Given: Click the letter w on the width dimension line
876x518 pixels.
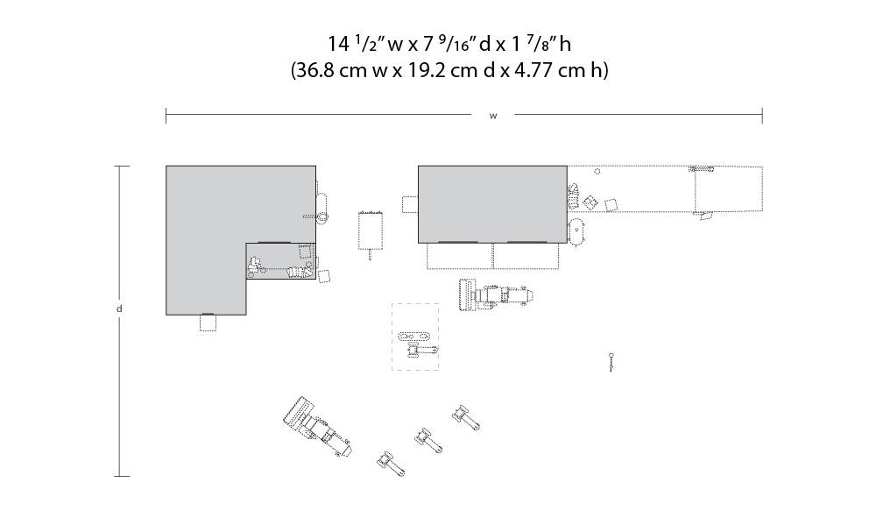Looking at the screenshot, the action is coord(492,117).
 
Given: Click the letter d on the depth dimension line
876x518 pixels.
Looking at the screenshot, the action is coord(119,309).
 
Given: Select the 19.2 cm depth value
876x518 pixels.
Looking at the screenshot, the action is coord(442,71).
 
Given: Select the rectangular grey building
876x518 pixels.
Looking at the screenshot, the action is coord(492,204).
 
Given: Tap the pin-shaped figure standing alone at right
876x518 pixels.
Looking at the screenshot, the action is coord(611,361).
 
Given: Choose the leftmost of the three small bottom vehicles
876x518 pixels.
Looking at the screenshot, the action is coord(391,464).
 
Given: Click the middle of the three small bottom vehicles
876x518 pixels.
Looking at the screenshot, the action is coord(429,440).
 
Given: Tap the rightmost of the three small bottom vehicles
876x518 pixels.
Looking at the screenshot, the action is coord(466,418).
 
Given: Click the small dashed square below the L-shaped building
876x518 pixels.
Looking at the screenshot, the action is coord(208,323).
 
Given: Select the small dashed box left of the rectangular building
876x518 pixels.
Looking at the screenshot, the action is coord(410,204).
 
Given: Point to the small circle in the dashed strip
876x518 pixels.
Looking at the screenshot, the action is coord(597,172).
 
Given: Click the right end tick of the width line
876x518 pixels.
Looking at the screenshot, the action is coord(762,116).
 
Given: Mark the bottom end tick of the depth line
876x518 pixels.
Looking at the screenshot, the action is coord(122,476).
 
